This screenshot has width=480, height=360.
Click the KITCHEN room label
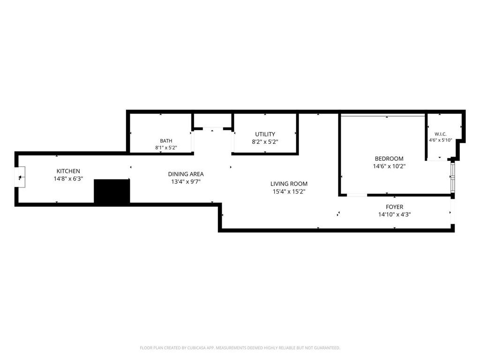tap(68, 171)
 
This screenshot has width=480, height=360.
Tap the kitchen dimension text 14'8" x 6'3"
tap(68, 179)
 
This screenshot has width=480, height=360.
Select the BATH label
tap(166, 141)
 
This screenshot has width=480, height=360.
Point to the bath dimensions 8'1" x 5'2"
tap(166, 148)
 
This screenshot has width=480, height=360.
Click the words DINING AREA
tap(186, 174)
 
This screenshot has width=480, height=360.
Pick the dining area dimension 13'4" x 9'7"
tap(186, 181)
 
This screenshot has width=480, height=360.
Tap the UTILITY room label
tap(265, 134)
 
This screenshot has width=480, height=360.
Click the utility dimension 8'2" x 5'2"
tap(265, 142)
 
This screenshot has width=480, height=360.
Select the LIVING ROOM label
tap(289, 184)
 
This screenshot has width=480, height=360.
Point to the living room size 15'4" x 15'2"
tap(289, 192)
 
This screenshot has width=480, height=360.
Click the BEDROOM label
tap(389, 158)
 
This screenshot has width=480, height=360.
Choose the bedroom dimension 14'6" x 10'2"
tap(389, 166)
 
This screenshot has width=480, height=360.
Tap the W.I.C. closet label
tap(441, 134)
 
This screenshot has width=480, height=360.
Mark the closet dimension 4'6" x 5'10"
tap(441, 140)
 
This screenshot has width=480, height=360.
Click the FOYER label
tap(395, 207)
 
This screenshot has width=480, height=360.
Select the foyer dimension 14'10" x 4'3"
tap(395, 215)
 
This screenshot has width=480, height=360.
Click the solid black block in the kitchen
tap(112, 191)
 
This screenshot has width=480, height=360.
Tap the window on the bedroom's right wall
tap(452, 177)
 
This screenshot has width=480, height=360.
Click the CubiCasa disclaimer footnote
tap(240, 348)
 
